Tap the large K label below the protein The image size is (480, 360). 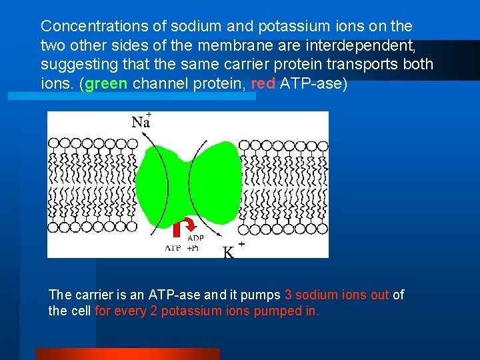click(229, 252)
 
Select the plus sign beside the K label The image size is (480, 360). click(241, 245)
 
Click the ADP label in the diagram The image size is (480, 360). click(195, 238)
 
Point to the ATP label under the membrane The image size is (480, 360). click(173, 248)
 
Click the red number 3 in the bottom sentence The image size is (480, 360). click(288, 295)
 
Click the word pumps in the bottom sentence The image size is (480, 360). click(263, 295)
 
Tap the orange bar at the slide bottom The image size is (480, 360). click(127, 353)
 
